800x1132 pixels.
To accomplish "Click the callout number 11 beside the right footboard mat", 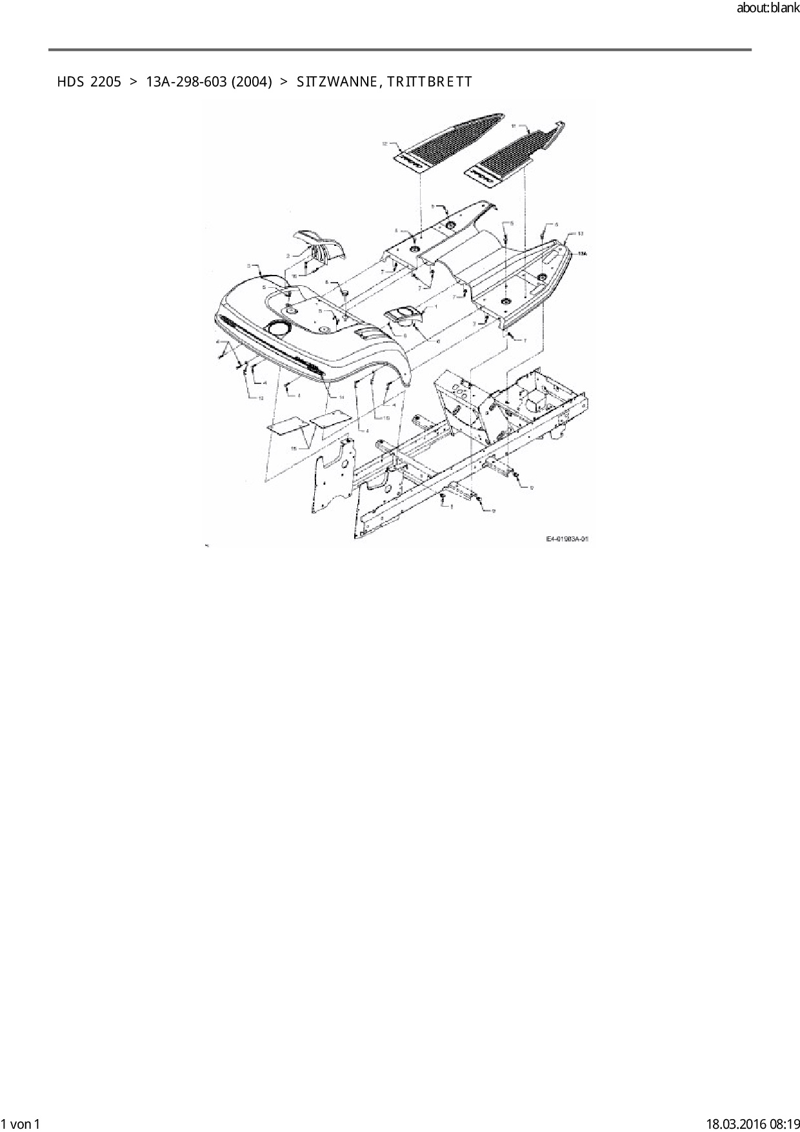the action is click(x=514, y=127).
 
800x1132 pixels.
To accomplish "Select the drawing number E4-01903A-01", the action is click(x=568, y=538).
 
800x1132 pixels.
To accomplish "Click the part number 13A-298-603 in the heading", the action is click(x=186, y=82).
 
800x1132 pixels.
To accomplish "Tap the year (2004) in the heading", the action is click(x=252, y=82).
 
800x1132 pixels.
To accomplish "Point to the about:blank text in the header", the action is click(x=768, y=8).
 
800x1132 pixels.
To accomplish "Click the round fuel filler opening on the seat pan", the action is click(x=279, y=328).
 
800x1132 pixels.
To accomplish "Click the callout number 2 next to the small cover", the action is click(x=288, y=256).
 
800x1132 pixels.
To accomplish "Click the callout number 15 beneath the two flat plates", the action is click(x=294, y=448).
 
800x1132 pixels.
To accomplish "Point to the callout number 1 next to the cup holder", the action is click(x=436, y=307).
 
